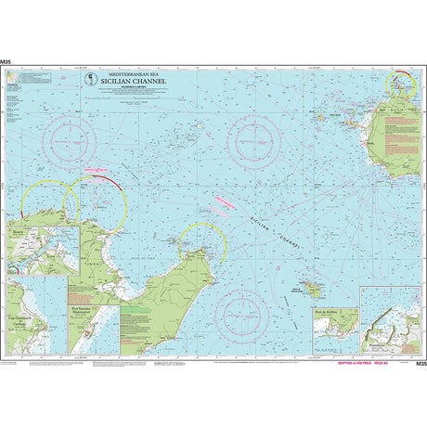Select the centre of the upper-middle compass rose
[x=252, y=138]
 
